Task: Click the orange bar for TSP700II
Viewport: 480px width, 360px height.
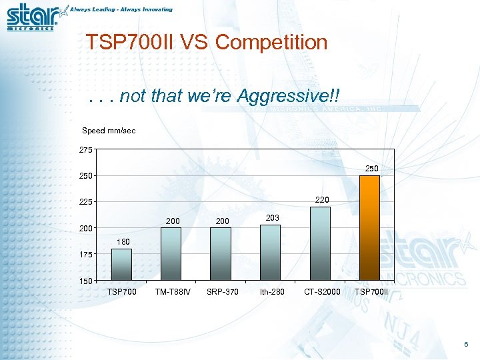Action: coord(369,227)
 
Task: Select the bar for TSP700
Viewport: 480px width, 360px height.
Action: coord(121,265)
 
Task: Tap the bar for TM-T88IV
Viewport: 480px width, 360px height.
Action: coord(171,254)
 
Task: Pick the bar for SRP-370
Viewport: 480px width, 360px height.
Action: coord(221,254)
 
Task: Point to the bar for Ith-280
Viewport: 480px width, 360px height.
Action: coord(270,253)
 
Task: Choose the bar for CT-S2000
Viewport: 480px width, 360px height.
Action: coord(320,243)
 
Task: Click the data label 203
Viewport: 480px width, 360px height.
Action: coord(272,218)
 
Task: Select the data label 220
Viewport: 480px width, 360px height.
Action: coord(322,199)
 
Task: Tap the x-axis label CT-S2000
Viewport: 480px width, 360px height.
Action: coord(322,291)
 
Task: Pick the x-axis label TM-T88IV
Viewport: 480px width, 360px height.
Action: coord(172,291)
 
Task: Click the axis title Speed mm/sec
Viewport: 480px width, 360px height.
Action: coord(109,131)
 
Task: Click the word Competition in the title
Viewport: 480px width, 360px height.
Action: coord(271,43)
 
